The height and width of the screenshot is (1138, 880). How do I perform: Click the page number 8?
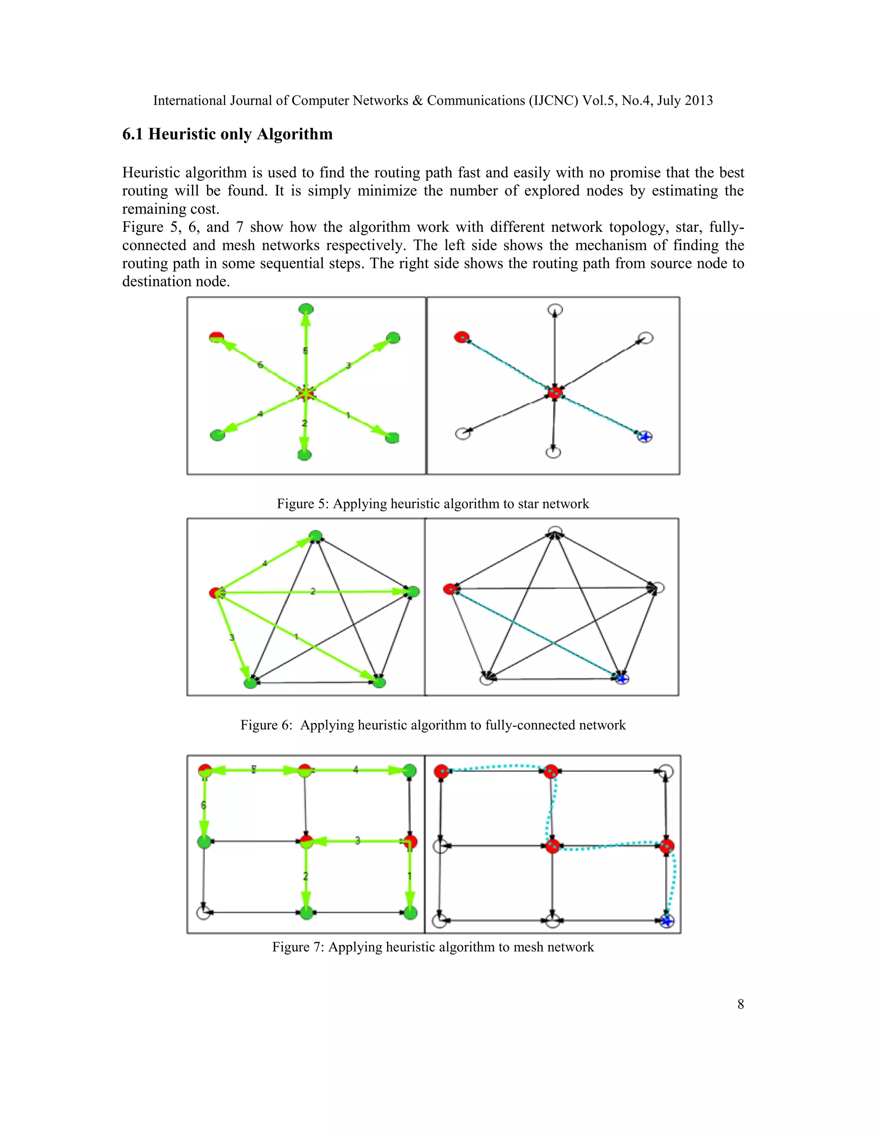tap(740, 1004)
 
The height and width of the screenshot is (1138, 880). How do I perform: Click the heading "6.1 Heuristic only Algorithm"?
tap(227, 134)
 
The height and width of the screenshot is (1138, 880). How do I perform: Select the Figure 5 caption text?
tap(433, 503)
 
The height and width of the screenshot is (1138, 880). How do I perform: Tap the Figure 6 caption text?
tap(433, 725)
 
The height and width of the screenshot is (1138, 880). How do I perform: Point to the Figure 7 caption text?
tap(433, 947)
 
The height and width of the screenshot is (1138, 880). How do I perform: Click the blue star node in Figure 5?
tap(645, 437)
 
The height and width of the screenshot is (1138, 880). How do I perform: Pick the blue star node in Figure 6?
tap(621, 679)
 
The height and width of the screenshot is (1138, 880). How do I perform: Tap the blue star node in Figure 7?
tap(666, 921)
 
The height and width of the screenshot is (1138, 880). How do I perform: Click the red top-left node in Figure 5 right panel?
tap(461, 337)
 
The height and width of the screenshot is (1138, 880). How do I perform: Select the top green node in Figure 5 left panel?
tap(306, 309)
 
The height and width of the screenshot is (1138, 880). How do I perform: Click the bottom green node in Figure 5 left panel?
tap(305, 455)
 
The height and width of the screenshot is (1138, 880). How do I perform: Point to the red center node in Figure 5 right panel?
tap(555, 393)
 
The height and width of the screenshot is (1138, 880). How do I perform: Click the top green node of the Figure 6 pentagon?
tap(316, 536)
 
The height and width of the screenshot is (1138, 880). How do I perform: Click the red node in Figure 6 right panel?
tap(449, 589)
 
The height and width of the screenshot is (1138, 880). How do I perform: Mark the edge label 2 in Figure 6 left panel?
tap(313, 591)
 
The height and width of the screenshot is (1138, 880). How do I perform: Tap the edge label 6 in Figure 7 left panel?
tap(203, 805)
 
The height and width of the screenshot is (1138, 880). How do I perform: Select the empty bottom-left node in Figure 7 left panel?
tap(203, 913)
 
